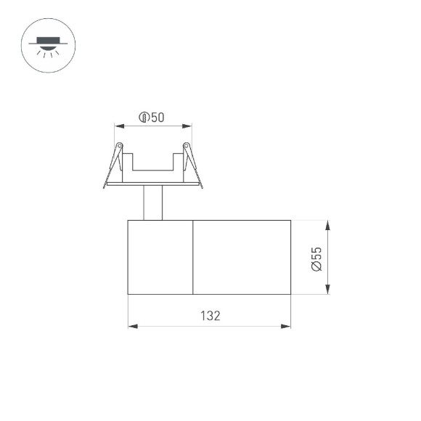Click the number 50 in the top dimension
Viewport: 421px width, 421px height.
pyautogui.click(x=158, y=118)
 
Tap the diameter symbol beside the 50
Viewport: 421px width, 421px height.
pyautogui.click(x=144, y=118)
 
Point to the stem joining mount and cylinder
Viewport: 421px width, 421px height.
pyautogui.click(x=153, y=203)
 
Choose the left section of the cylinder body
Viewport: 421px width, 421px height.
pyautogui.click(x=160, y=256)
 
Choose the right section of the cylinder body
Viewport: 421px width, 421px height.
pyautogui.click(x=242, y=256)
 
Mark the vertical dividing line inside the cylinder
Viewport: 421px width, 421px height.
pyautogui.click(x=192, y=256)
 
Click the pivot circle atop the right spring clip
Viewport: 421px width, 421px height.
pyautogui.click(x=187, y=147)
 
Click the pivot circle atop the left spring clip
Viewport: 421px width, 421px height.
pyautogui.click(x=119, y=147)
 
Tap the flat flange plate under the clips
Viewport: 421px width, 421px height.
pyautogui.click(x=153, y=186)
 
